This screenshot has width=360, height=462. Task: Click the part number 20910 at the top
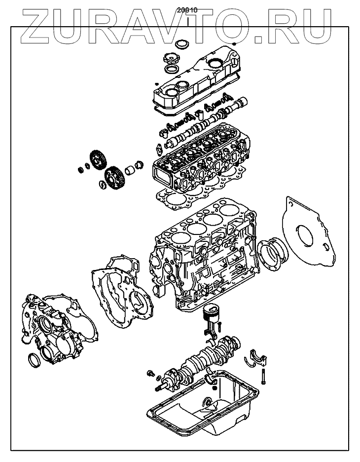(190, 9)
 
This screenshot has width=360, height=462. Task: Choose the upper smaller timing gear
(99, 160)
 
